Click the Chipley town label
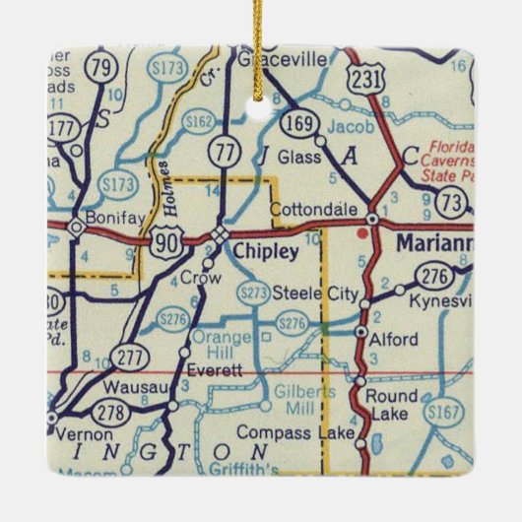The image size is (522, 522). click(266, 253)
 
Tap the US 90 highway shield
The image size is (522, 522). click(166, 236)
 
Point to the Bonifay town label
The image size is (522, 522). click(108, 213)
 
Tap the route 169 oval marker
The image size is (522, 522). click(295, 125)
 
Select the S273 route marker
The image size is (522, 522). click(254, 292)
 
